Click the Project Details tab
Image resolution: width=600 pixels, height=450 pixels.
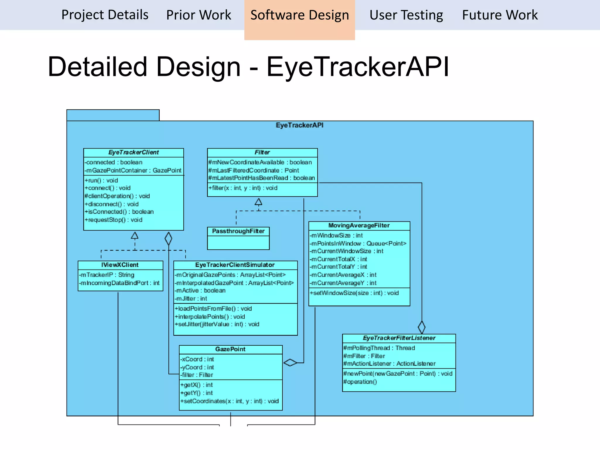[x=105, y=15]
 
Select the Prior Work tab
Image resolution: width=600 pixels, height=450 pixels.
[x=199, y=15]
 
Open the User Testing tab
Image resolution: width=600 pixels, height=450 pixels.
[x=406, y=15]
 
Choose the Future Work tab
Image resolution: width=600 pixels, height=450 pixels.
[x=500, y=15]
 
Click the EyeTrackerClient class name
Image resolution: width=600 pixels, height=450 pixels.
[x=134, y=152]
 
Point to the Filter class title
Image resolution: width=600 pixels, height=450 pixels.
[x=262, y=152]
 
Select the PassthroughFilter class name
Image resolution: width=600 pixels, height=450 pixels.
[x=238, y=231]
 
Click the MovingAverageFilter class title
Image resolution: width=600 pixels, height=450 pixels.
[x=359, y=225]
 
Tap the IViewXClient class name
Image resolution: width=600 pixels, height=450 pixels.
[x=120, y=265]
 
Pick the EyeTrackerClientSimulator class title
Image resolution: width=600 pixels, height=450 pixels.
[x=235, y=265]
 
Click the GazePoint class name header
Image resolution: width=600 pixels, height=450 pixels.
[x=230, y=349]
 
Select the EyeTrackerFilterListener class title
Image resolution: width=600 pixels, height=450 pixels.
[x=399, y=338]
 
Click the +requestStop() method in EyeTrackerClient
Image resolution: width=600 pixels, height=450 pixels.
[x=113, y=220]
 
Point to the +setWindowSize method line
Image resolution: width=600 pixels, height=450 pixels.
[x=354, y=293]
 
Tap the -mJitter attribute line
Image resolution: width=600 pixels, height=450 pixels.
[x=191, y=299]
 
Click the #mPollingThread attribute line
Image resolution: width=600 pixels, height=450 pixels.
[x=379, y=348]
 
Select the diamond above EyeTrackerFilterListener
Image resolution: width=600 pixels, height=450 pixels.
[x=422, y=327]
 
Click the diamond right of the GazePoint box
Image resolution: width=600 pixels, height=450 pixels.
[x=290, y=363]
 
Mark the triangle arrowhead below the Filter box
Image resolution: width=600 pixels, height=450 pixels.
[x=258, y=202]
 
